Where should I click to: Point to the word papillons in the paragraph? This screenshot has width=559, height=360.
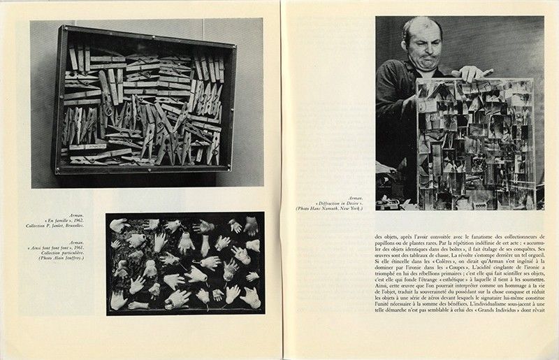(x=389, y=247)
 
